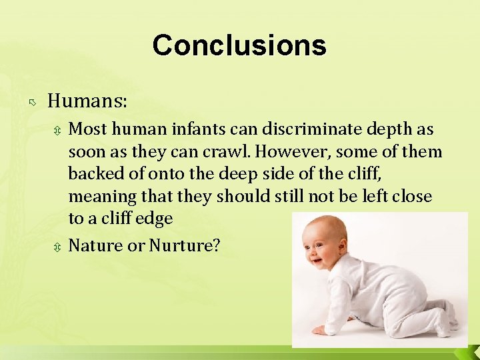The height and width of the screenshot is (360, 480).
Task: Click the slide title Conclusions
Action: tap(239, 45)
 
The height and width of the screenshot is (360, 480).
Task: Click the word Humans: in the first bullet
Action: tap(87, 101)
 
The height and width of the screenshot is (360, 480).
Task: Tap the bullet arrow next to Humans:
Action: tap(32, 103)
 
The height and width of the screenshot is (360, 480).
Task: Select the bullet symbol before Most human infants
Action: tap(58, 130)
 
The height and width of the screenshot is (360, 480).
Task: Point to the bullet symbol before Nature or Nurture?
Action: tap(58, 247)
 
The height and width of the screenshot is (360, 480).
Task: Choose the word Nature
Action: tap(95, 245)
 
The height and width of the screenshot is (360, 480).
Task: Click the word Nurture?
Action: tap(185, 245)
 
